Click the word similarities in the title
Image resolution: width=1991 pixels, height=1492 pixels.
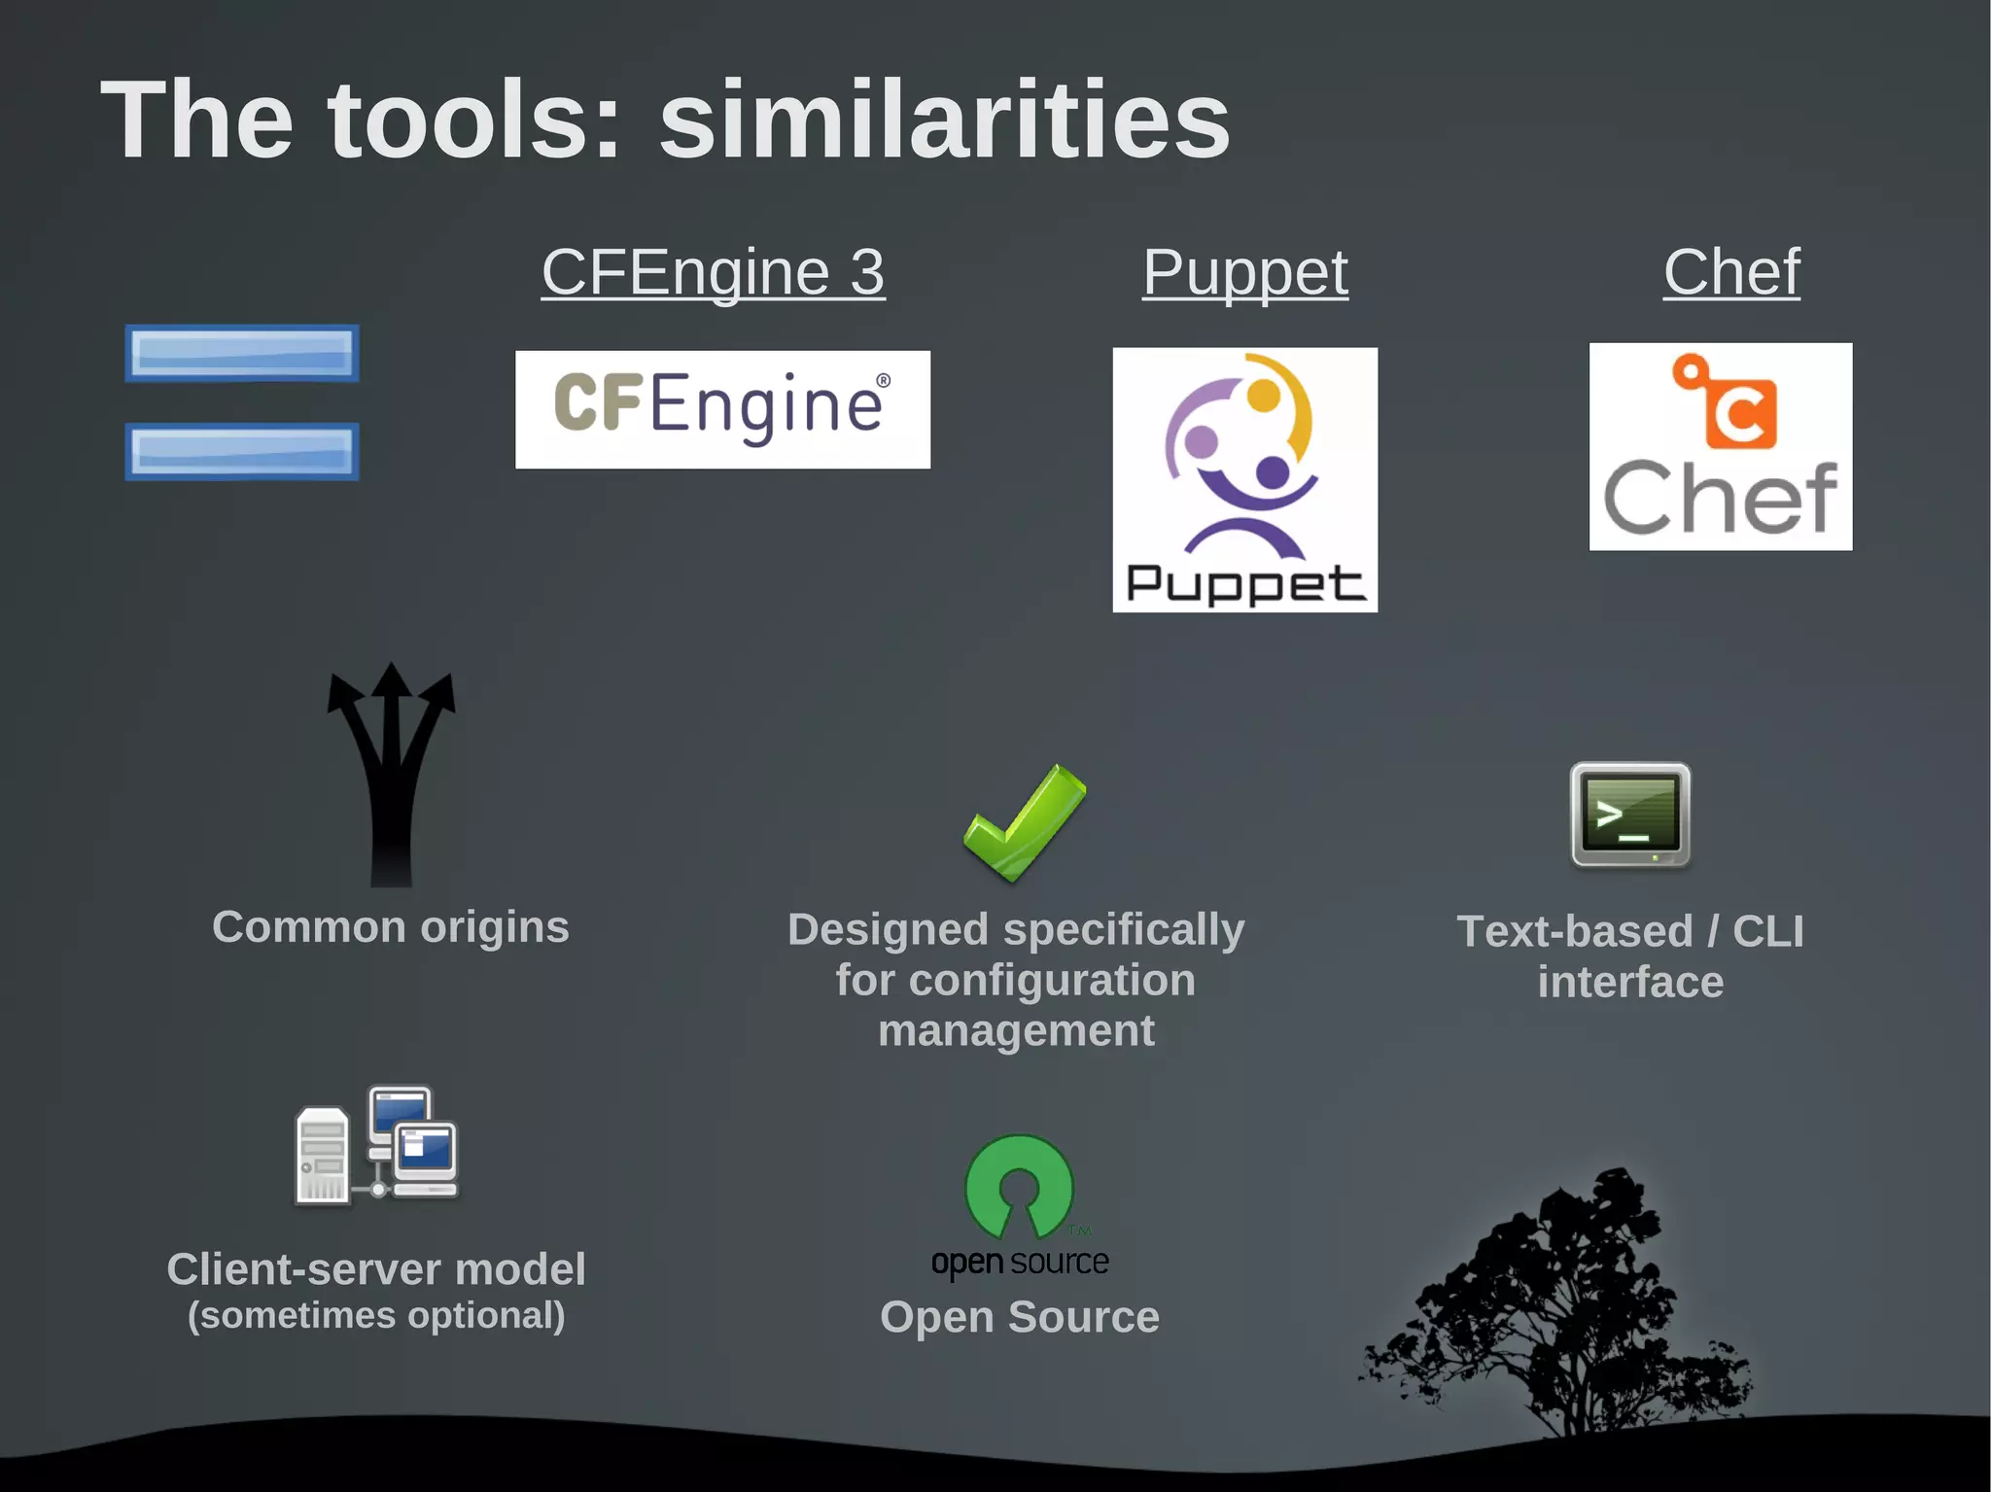click(944, 121)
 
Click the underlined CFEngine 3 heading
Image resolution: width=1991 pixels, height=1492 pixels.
click(713, 272)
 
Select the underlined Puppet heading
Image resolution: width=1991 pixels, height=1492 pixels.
click(1244, 272)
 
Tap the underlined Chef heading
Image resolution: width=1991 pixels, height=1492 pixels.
click(1731, 272)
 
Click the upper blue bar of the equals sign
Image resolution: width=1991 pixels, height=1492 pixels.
click(242, 353)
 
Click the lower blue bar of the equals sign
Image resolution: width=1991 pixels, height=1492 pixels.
click(242, 451)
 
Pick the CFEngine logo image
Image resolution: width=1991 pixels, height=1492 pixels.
click(722, 409)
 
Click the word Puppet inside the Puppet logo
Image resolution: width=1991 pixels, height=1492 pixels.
click(1245, 583)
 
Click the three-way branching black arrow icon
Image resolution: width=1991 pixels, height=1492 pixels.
click(391, 773)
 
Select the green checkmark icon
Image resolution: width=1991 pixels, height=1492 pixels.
click(1024, 822)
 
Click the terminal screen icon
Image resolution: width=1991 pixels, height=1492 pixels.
click(1630, 815)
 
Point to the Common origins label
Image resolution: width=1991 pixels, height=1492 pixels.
click(391, 927)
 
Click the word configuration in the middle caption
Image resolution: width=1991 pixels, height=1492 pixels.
click(1051, 980)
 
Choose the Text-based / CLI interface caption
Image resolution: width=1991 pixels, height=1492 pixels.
click(1630, 956)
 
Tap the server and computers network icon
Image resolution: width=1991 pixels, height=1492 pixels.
click(377, 1147)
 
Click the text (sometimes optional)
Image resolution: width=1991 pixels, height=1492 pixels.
click(376, 1315)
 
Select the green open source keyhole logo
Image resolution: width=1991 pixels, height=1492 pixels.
click(1019, 1186)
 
